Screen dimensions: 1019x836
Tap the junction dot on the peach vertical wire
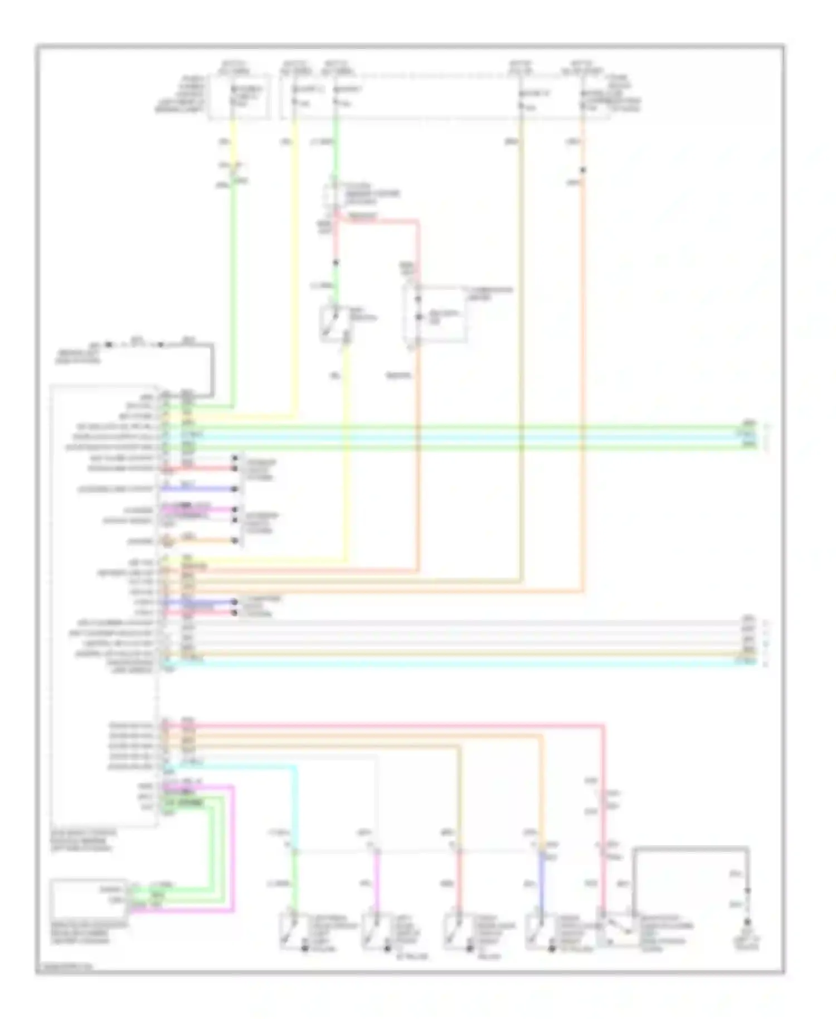[582, 170]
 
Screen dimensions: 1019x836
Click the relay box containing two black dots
[435, 313]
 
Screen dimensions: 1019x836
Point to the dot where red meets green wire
[336, 263]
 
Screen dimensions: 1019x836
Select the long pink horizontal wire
[390, 726]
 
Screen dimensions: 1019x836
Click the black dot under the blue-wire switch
[552, 948]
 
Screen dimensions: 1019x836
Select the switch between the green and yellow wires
[334, 322]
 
